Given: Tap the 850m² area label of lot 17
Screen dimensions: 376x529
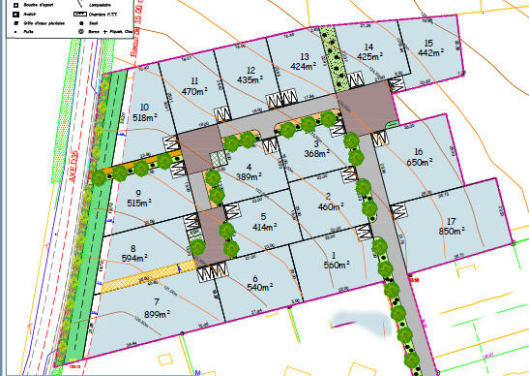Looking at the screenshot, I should coord(453,232).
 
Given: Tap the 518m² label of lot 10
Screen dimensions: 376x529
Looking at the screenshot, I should coord(145,117).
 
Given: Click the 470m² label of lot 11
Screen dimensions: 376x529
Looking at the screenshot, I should coord(195,91).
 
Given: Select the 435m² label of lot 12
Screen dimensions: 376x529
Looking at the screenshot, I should coord(250,80).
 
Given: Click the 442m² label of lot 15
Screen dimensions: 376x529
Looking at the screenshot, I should coord(427,53).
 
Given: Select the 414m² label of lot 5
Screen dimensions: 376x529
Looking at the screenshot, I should coord(261,226).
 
